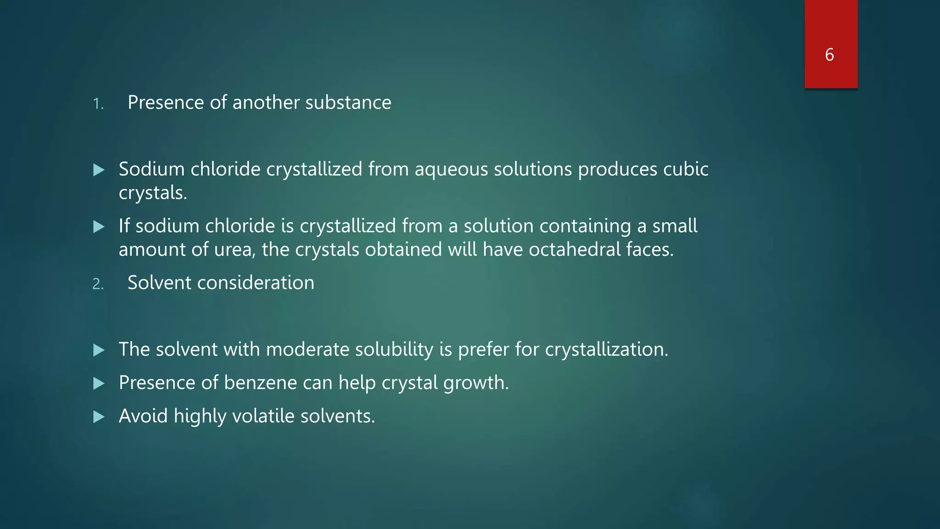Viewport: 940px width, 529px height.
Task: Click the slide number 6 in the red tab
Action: (x=829, y=55)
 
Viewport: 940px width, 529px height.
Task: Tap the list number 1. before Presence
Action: (x=98, y=104)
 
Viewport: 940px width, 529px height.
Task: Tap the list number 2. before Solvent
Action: (x=98, y=284)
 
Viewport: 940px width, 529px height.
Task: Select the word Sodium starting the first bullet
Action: (x=151, y=169)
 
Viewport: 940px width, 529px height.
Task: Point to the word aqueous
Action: (x=451, y=169)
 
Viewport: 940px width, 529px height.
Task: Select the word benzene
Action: (x=260, y=383)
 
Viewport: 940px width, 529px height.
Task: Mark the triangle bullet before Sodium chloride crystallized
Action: (x=99, y=170)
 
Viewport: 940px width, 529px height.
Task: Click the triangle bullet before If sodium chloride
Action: (x=99, y=227)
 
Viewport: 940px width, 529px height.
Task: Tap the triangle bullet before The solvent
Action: (x=99, y=350)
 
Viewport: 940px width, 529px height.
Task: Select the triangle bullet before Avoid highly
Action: (x=99, y=417)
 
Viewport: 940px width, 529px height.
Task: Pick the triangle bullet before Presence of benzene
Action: (x=99, y=383)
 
